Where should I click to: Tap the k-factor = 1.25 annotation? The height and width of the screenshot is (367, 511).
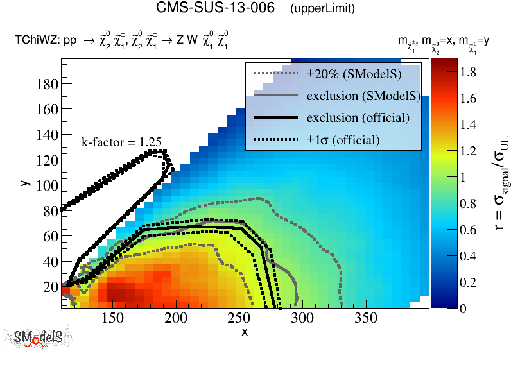click(121, 142)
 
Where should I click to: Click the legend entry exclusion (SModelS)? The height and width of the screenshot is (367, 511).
click(363, 96)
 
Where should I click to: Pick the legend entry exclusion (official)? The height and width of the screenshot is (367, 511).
click(358, 118)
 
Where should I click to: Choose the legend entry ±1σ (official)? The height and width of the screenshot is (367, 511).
click(343, 140)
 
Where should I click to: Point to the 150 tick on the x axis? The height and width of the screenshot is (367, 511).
click(112, 318)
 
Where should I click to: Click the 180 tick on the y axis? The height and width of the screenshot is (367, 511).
click(48, 85)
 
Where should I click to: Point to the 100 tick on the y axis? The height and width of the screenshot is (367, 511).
click(48, 185)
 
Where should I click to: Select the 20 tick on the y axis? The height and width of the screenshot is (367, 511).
click(51, 286)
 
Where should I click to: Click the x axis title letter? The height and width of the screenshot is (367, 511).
click(245, 332)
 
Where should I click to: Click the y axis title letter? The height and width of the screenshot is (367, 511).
click(24, 183)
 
